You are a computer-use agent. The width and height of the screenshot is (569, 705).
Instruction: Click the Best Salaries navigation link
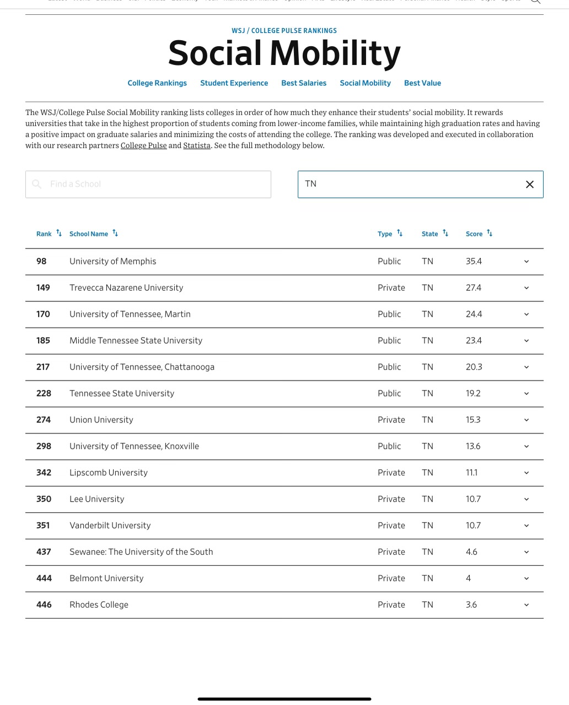coord(304,83)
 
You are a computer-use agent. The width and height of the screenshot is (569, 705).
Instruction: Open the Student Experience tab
coord(234,83)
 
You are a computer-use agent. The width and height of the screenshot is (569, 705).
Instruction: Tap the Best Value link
coord(422,83)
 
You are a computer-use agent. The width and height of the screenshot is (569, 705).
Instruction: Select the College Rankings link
coord(157,83)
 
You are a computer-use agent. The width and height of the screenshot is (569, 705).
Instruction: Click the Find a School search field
coord(148,184)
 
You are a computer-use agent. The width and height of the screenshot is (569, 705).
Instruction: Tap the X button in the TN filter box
coord(529,184)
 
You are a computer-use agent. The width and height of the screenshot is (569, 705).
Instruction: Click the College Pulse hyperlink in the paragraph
coord(143,145)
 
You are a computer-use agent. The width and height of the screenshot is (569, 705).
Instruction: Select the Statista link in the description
coord(197,145)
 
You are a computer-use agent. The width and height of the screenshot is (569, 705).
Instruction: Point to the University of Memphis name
coord(112,261)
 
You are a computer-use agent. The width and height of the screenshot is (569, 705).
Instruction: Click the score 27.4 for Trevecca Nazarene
coord(473,288)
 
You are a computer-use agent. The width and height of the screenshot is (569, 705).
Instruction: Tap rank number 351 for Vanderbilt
coord(43,525)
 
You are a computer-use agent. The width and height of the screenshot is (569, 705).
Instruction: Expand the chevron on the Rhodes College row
coord(526,605)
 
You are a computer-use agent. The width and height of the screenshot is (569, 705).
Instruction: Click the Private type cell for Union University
coord(391,420)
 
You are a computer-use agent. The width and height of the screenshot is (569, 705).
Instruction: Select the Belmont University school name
coord(106,578)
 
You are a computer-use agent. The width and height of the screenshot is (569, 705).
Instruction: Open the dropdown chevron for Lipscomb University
coord(526,473)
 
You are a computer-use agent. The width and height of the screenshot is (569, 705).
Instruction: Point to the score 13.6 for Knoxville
coord(473,446)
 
